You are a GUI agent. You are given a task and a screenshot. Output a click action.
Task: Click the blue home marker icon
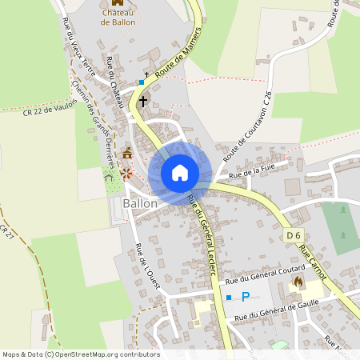tap(179, 173)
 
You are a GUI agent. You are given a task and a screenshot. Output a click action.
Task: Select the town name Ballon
tap(140, 204)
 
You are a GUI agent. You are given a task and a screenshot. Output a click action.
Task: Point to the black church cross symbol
tap(144, 101)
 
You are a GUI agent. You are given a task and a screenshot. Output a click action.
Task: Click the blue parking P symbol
tap(246, 297)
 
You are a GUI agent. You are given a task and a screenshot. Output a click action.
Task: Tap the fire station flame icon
tap(298, 283)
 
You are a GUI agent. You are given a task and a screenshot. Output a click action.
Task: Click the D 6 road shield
tap(294, 234)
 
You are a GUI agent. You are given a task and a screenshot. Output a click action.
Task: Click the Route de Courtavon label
tap(249, 131)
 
